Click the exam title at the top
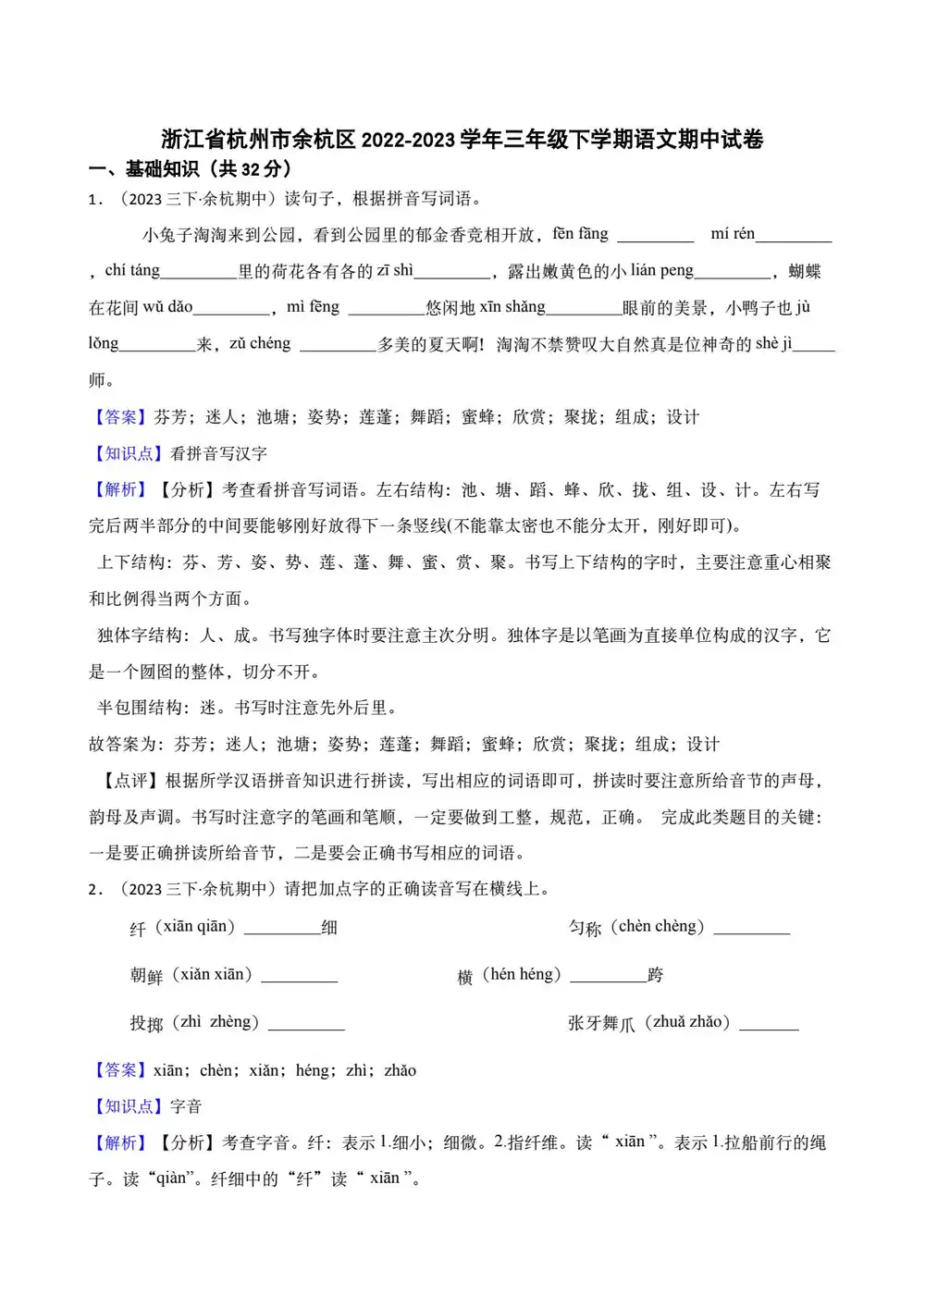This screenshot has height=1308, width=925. (x=462, y=140)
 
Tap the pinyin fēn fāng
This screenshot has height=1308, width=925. (x=580, y=234)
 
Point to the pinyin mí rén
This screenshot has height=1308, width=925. (x=733, y=234)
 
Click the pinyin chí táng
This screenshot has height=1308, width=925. (x=132, y=270)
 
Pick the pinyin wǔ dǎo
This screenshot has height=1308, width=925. (x=167, y=307)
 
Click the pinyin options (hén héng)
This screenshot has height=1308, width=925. (x=522, y=974)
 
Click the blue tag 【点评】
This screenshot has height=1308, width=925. (x=129, y=781)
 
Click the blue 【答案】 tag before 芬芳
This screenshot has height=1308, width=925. (x=119, y=417)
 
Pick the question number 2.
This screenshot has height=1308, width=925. (x=94, y=890)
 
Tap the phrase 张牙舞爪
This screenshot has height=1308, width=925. (x=601, y=1023)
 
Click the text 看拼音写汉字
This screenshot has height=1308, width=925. (x=219, y=453)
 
